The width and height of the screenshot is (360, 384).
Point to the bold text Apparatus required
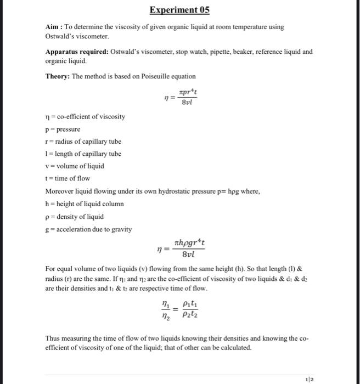(76, 52)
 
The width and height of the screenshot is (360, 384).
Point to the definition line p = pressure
(63, 129)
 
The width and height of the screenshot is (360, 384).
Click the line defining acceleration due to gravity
(88, 229)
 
